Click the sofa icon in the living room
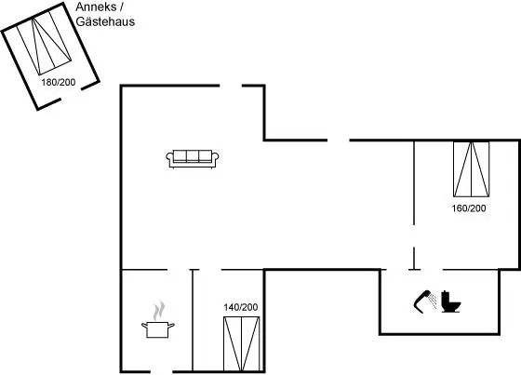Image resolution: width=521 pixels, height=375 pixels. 193,159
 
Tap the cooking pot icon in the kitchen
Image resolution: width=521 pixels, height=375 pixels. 158,329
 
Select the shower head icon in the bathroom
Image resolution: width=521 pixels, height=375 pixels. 422,301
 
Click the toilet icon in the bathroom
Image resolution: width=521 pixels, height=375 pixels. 450,301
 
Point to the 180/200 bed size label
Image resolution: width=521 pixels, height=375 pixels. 59,82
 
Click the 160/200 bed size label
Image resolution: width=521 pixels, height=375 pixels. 469,208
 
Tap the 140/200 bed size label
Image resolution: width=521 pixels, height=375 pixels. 241,307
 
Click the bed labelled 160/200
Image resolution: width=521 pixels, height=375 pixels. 471,169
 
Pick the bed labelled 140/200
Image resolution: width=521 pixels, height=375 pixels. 242,343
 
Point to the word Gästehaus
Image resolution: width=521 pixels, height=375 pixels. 105,21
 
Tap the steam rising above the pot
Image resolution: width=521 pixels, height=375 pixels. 159,311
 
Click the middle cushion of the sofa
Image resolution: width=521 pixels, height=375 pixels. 193,155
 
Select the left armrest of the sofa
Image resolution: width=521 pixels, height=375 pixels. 169,158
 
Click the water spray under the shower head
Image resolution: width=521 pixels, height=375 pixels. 433,300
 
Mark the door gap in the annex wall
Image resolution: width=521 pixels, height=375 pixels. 71,94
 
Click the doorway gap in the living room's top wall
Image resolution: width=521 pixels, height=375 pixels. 231,86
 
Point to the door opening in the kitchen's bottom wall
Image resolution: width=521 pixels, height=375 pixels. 161,371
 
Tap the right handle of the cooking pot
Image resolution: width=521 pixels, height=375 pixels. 171,325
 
